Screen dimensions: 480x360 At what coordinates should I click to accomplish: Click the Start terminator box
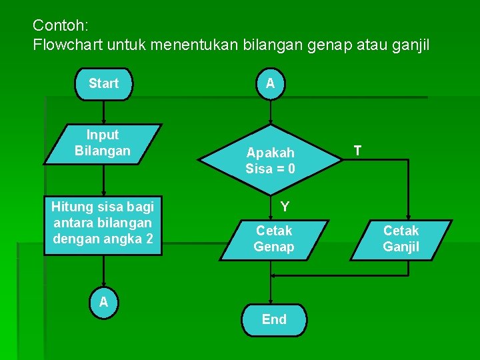(x=103, y=84)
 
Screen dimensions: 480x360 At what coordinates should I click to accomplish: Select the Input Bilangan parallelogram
(x=103, y=143)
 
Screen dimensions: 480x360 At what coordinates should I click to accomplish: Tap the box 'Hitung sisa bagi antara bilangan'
(x=103, y=223)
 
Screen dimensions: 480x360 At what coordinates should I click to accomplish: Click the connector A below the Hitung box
(x=103, y=302)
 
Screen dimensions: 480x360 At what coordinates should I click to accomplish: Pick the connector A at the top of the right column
(x=270, y=84)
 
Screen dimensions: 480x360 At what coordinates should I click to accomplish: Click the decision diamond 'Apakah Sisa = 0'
(x=270, y=160)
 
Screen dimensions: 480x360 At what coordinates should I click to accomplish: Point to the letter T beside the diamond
(x=358, y=151)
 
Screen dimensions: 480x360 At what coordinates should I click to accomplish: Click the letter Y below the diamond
(x=285, y=207)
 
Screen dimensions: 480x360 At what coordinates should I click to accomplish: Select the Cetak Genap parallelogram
(x=274, y=239)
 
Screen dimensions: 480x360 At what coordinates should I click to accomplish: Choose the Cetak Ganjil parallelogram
(x=401, y=239)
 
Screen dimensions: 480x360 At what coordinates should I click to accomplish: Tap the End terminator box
(x=274, y=319)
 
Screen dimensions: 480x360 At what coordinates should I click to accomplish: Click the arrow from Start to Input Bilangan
(x=103, y=111)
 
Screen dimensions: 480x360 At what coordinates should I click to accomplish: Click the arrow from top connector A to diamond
(x=270, y=112)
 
